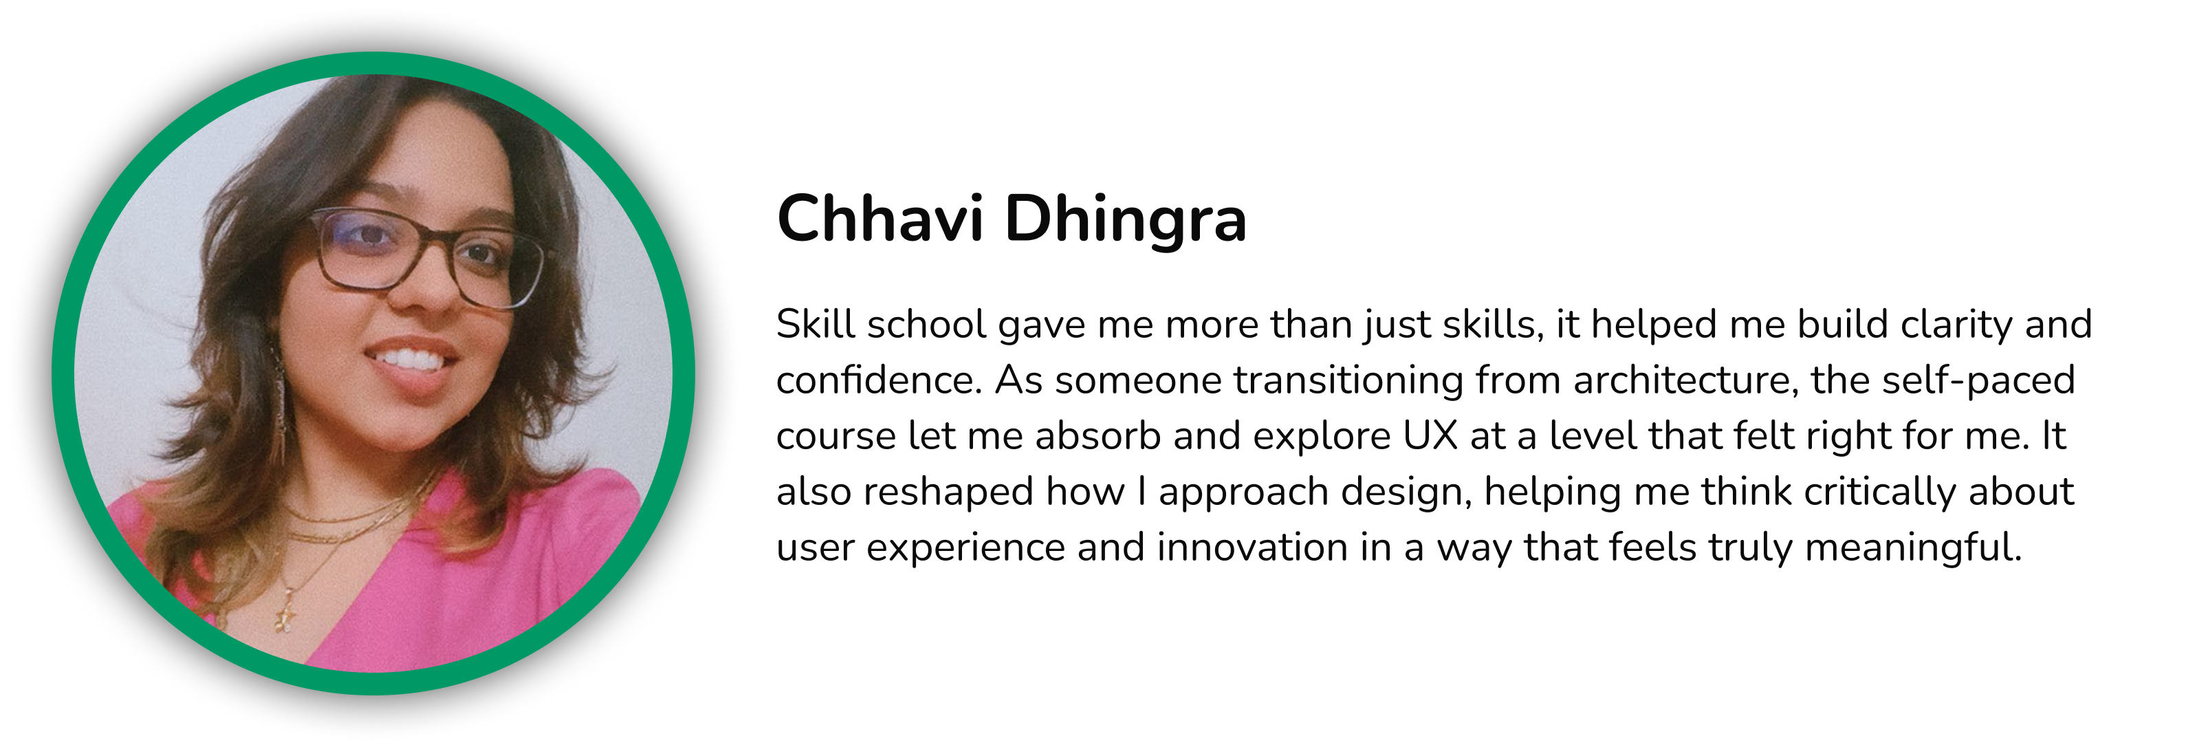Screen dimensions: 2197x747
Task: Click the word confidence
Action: (879, 380)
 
